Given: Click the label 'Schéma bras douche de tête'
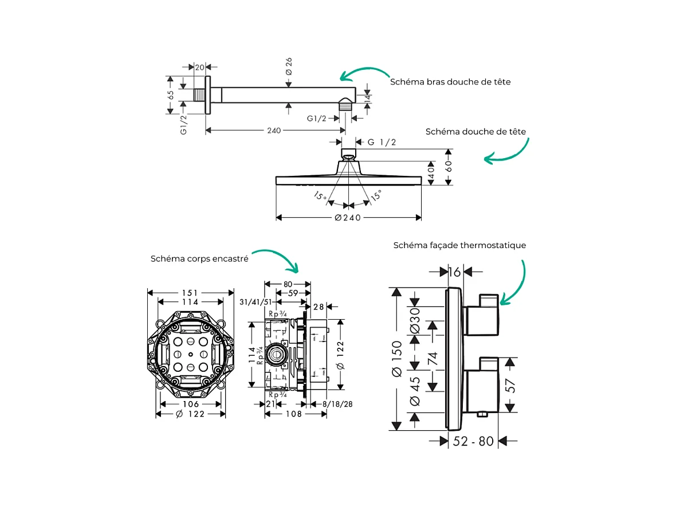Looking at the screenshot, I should tap(450, 82).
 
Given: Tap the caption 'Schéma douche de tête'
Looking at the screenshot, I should tap(475, 132).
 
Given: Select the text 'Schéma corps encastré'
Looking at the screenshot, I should tap(199, 259).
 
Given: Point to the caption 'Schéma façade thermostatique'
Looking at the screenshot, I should tap(459, 245).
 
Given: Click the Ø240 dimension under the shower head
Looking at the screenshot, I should tap(348, 218).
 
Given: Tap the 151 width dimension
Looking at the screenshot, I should tap(191, 293).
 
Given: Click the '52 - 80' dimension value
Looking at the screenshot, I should tap(473, 441).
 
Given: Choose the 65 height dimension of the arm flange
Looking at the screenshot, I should tap(170, 95).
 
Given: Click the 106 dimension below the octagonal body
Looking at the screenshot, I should tap(191, 404).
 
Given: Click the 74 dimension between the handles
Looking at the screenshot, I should tap(433, 359).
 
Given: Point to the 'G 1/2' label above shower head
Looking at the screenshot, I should tap(382, 142).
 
